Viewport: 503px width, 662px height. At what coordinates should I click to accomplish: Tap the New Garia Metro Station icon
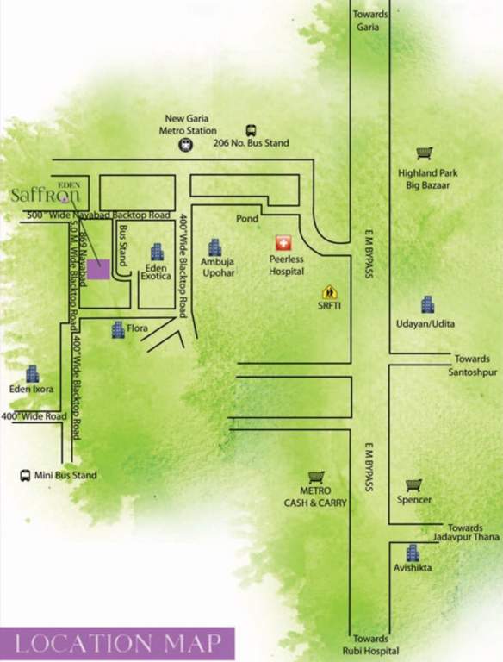(185, 146)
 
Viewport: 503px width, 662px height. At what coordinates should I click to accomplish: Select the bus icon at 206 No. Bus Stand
(251, 129)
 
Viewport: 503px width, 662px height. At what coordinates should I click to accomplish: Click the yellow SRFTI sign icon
(329, 293)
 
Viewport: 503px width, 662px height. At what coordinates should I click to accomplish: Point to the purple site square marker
(99, 269)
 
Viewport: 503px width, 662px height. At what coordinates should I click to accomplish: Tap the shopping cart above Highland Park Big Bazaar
(424, 153)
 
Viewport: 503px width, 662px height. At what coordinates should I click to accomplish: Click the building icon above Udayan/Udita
(427, 304)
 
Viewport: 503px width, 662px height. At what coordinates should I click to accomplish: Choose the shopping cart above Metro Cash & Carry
(316, 476)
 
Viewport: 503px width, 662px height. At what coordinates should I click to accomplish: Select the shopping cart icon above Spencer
(413, 484)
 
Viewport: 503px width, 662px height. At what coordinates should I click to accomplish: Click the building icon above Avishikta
(413, 553)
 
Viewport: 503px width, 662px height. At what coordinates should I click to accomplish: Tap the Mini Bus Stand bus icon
(25, 475)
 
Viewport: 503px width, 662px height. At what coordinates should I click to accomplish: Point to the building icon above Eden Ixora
(32, 374)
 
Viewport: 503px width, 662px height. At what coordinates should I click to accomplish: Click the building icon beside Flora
(118, 329)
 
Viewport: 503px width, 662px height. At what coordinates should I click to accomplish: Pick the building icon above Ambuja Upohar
(214, 248)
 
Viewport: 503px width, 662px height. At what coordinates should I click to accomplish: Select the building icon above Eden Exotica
(157, 252)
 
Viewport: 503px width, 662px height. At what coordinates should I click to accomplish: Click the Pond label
(247, 219)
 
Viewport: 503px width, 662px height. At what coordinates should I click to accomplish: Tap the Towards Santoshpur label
(473, 365)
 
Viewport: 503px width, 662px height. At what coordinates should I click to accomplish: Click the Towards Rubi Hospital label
(370, 645)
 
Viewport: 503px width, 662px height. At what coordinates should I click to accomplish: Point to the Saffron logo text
(46, 195)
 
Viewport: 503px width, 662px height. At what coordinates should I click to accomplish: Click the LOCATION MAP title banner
(118, 643)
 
